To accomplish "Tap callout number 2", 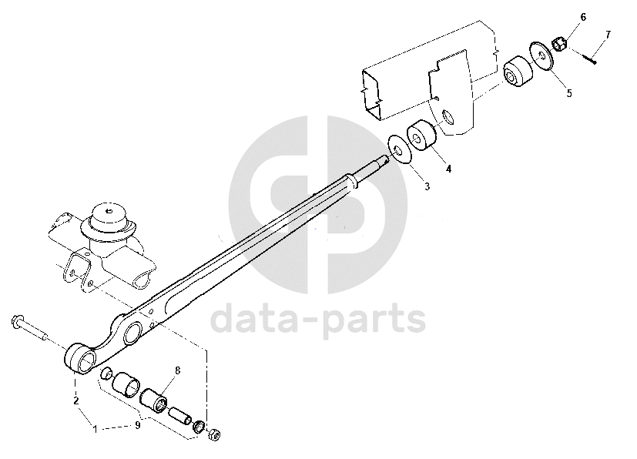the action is [75, 400].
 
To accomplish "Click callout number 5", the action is [568, 93].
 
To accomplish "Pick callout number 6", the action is [583, 17].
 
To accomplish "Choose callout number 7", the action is [608, 35].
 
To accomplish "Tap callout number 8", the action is [177, 371].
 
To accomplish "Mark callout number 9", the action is [138, 424].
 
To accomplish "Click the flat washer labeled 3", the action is [399, 149].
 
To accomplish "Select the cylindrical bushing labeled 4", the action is [421, 139].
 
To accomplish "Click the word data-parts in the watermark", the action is [317, 317].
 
